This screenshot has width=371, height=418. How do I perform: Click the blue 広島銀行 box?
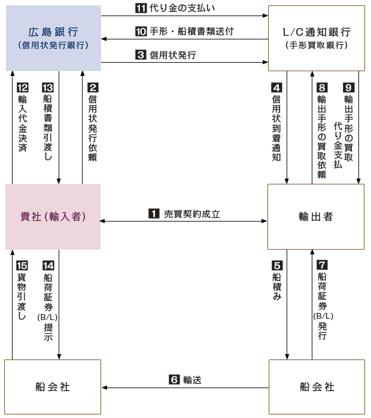tap(53, 38)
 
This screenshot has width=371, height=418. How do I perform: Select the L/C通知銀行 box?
tap(317, 38)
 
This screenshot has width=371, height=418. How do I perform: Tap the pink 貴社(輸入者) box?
tap(53, 216)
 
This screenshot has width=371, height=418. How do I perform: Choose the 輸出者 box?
tap(316, 216)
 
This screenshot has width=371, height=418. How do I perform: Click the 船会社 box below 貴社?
tap(53, 387)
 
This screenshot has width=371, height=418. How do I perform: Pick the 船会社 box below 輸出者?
tap(317, 387)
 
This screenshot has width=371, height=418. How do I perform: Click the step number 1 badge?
tap(154, 214)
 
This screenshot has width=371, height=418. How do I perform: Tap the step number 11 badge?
tap(141, 8)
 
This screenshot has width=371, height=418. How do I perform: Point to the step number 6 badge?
tap(174, 379)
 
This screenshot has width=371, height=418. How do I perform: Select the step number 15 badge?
tap(22, 266)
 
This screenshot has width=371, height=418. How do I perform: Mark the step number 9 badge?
tap(349, 87)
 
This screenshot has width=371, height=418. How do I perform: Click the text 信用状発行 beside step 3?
tap(173, 55)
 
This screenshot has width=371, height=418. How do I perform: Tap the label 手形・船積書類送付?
tap(191, 32)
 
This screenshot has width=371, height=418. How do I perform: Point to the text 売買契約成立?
tap(191, 214)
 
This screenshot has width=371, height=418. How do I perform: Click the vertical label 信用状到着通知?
tap(276, 128)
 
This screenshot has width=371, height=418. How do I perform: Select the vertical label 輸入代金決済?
tap(22, 124)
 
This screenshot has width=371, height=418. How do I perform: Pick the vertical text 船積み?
tap(277, 287)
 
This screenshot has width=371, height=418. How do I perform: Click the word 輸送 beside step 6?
tap(192, 380)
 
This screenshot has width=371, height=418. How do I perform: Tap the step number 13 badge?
tap(48, 87)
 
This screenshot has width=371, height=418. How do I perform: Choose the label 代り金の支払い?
tap(182, 8)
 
